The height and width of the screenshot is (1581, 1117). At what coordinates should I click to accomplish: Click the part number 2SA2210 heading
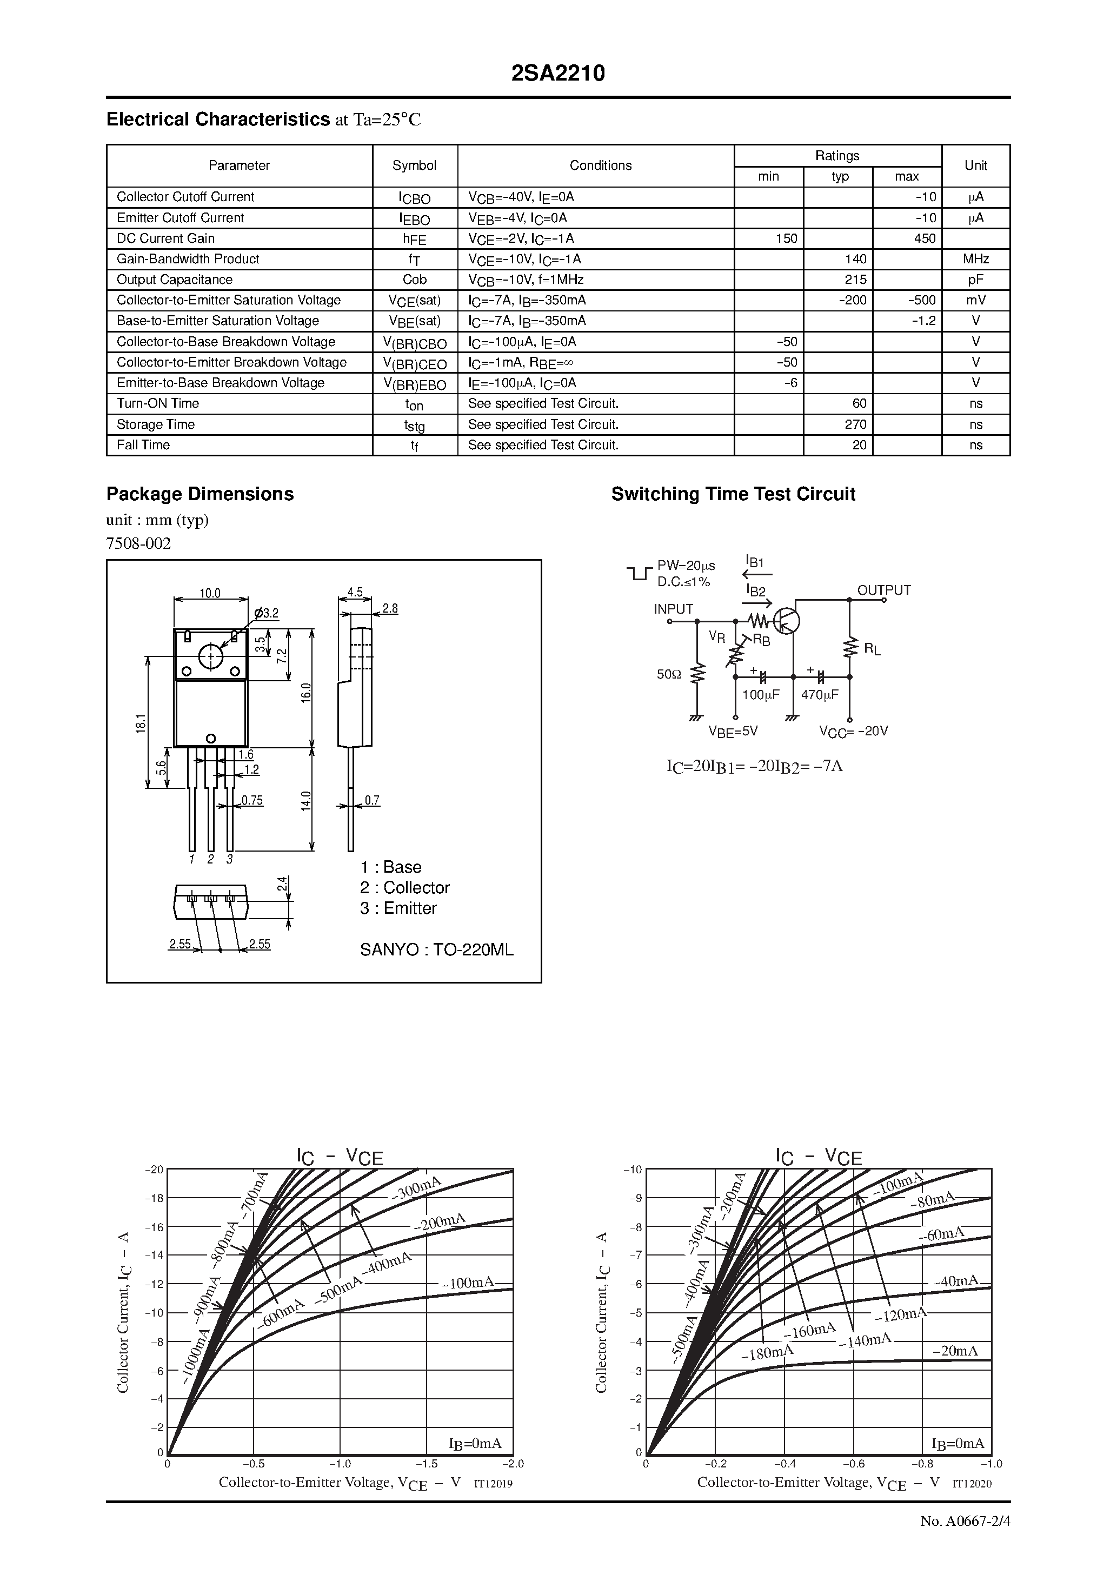point(558,74)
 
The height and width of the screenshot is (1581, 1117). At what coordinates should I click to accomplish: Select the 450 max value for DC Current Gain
point(924,238)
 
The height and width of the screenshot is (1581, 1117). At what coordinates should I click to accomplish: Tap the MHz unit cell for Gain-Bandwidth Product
point(975,259)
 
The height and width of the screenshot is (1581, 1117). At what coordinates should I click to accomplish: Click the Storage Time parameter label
point(156,424)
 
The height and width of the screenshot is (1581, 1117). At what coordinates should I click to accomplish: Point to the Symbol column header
point(414,165)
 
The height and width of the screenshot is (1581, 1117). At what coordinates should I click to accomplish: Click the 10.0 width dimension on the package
point(210,593)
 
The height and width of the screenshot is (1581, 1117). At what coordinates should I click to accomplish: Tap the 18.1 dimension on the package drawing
point(141,723)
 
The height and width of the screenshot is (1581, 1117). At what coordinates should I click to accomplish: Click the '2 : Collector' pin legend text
point(404,888)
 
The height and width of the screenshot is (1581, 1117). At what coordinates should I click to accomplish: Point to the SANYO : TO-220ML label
point(437,949)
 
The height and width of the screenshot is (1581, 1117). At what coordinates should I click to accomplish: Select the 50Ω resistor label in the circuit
point(668,675)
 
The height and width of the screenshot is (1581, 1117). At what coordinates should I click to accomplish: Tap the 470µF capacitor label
point(820,695)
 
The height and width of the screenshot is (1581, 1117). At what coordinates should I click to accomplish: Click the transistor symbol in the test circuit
point(786,621)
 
